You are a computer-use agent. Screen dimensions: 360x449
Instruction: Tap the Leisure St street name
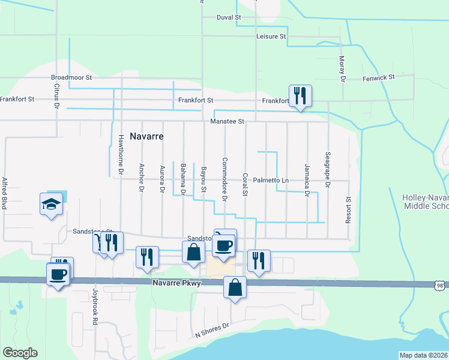click(271, 37)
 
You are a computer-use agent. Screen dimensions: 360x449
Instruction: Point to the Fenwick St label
click(378, 78)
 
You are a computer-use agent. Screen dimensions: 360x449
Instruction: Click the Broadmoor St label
click(71, 77)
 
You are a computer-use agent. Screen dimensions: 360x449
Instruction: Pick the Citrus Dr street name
click(57, 96)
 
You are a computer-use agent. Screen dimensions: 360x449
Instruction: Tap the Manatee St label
click(228, 121)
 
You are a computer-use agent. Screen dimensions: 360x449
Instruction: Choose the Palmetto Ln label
click(271, 180)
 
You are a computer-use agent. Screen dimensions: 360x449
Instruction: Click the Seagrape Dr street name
click(328, 169)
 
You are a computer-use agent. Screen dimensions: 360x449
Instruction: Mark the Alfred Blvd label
click(4, 193)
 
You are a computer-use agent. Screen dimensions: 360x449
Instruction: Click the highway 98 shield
click(440, 286)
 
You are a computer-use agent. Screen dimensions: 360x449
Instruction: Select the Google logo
click(20, 353)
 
